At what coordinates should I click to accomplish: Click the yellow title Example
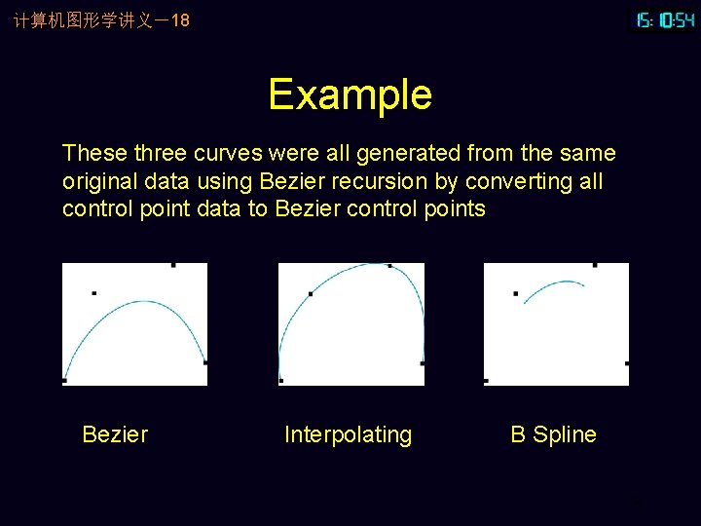point(350,94)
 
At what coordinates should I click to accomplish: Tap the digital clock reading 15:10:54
point(665,19)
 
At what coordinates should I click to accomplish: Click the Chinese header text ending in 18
point(101,19)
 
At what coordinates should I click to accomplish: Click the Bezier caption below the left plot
point(115,434)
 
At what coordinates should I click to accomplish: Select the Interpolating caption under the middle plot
point(348,434)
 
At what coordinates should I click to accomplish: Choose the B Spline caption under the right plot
point(553,434)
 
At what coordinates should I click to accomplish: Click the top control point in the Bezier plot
point(173,264)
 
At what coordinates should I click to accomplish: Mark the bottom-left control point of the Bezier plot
point(64,380)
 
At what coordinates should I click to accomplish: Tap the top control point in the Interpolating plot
point(389,265)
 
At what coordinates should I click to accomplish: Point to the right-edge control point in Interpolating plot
point(422,363)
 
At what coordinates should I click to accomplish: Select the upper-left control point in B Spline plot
point(515,293)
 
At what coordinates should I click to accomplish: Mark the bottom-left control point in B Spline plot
point(486,380)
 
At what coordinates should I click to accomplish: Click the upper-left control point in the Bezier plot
point(93,292)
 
